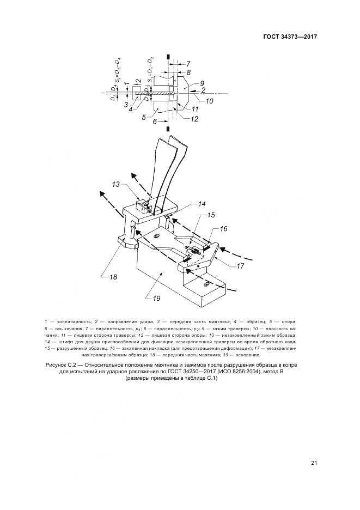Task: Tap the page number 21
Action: point(314,463)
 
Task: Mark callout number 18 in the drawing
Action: point(113,277)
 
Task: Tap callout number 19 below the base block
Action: point(156,297)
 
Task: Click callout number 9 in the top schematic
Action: point(194,84)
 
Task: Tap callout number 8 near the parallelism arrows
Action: point(188,71)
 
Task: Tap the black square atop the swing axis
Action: point(169,56)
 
